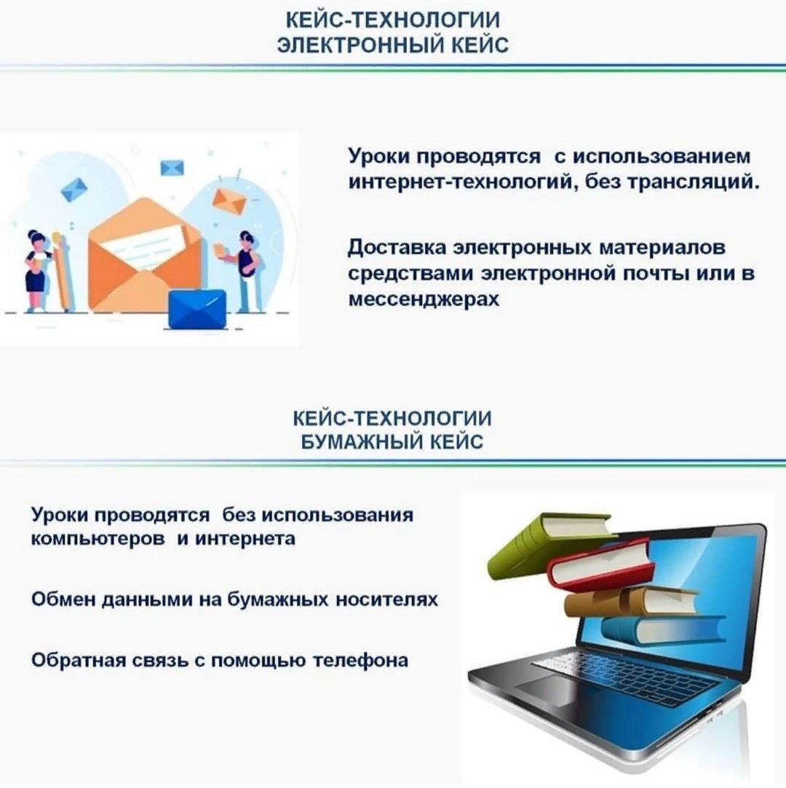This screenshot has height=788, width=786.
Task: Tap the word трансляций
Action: [x=694, y=181]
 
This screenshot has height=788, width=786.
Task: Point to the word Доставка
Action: [x=397, y=247]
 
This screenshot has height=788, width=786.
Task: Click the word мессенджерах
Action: [x=424, y=299]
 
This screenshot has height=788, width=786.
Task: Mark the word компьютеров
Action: [x=98, y=538]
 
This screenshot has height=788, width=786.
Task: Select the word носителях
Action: [x=386, y=599]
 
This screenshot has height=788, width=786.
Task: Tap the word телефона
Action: [x=360, y=660]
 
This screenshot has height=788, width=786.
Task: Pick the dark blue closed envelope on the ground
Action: [x=196, y=309]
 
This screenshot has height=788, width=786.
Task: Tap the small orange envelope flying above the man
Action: [x=229, y=200]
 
